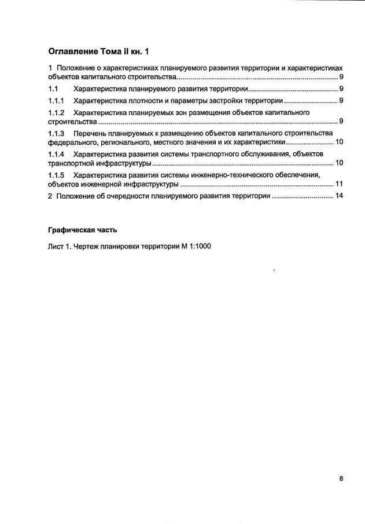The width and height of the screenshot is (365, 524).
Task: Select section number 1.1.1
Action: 56,101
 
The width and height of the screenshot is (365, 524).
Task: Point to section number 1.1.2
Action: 56,112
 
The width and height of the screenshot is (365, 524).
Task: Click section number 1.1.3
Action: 56,133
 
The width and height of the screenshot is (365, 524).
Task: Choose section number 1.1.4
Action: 56,154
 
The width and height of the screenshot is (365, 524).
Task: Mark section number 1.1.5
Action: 56,175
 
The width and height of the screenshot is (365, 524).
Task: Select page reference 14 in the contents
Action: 340,196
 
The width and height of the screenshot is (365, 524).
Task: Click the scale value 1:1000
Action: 198,247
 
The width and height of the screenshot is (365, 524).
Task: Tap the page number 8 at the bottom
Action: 341,478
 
